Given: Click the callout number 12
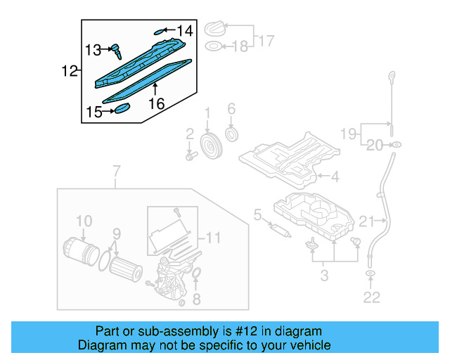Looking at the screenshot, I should point(69,71).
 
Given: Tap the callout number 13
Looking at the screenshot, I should point(94,49).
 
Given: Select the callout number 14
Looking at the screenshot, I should point(184,30).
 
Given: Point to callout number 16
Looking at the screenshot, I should point(156,103).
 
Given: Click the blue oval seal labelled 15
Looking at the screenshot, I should point(123,108).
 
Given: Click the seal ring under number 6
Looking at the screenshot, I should point(231,134).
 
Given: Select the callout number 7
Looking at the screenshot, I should point(117,171).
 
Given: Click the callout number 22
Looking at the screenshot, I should point(371,297).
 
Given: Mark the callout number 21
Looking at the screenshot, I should point(367,222).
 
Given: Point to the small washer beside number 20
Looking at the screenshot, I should point(397,146).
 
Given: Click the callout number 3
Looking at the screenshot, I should point(324,275).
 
